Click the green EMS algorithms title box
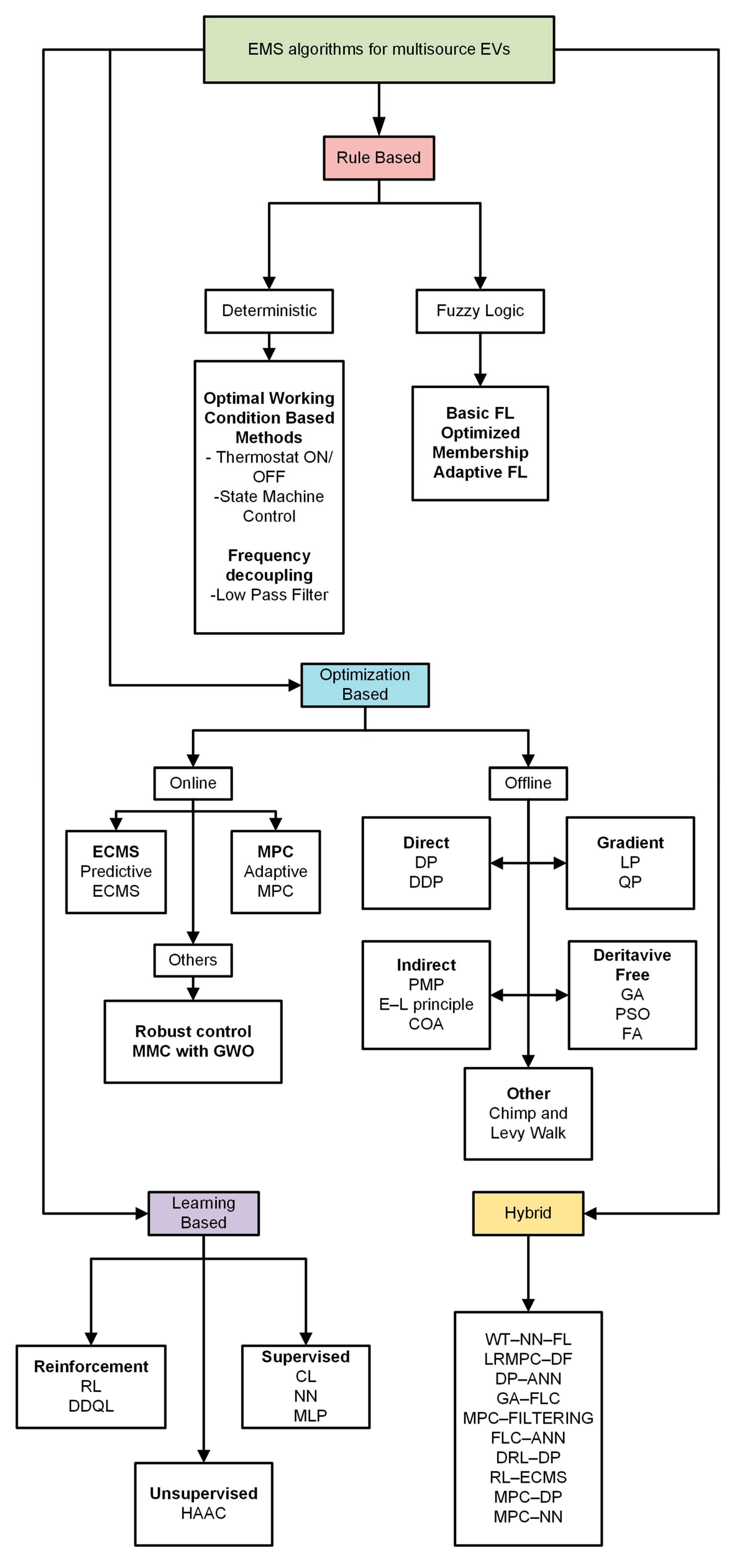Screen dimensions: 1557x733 pos(379,50)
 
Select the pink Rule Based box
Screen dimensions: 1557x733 pos(379,158)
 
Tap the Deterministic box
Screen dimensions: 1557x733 pos(269,311)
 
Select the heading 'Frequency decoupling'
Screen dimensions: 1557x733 pos(269,565)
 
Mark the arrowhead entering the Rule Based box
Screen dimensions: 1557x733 pos(379,128)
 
